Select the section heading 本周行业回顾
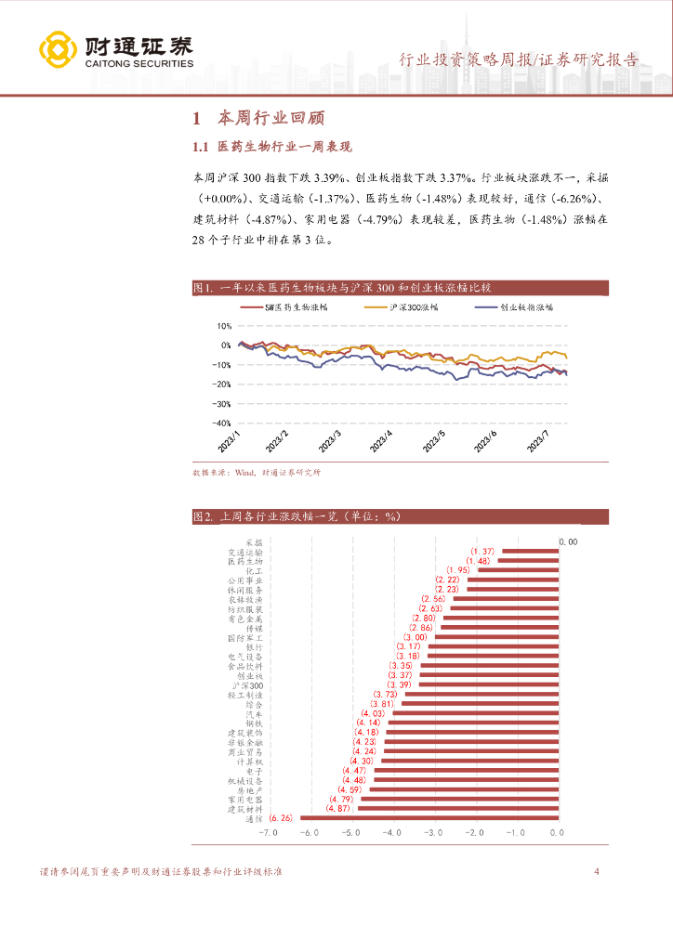pos(271,119)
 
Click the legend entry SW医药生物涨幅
pos(278,306)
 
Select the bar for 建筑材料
pos(458,809)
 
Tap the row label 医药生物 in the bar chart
pos(245,561)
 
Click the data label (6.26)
pos(280,818)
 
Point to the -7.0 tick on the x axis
pos(269,834)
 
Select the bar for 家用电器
pos(460,799)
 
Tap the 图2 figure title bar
pos(399,516)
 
